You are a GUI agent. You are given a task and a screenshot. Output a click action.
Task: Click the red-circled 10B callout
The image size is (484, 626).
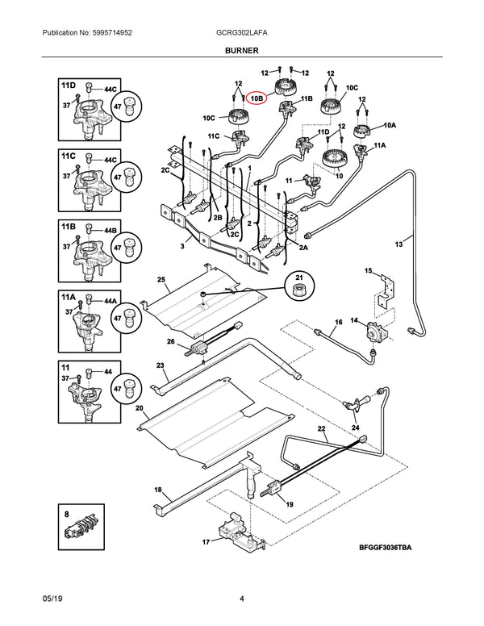coord(257,98)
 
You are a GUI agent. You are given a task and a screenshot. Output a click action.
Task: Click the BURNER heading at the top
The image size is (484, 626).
coord(241,50)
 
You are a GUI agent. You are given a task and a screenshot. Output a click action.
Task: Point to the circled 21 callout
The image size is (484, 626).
coord(300,287)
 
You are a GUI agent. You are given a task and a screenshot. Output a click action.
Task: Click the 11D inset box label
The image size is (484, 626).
coord(67,84)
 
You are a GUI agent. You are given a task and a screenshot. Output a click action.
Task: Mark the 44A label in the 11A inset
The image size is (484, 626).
coord(110,301)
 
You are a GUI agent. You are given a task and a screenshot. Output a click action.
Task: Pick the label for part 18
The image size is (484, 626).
coord(158,490)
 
